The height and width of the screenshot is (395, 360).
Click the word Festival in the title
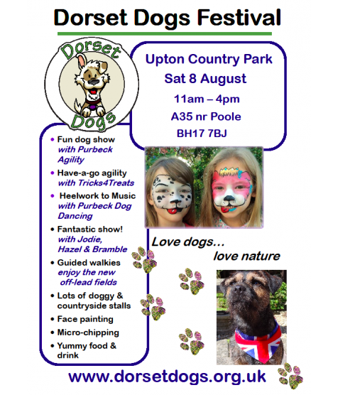(x=239, y=17)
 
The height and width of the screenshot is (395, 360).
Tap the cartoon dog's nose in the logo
(x=94, y=82)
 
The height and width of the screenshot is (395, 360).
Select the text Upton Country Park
(x=209, y=60)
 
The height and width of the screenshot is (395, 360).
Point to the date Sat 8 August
(x=205, y=79)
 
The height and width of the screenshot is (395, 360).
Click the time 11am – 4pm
(x=207, y=99)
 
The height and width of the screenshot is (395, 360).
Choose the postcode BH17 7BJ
(x=202, y=134)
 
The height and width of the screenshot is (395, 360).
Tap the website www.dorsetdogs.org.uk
(x=167, y=377)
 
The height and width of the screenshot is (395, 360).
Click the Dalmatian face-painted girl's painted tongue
(x=173, y=210)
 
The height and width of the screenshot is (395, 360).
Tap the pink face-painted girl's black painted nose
(x=229, y=198)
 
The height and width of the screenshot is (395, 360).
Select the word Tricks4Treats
(x=106, y=183)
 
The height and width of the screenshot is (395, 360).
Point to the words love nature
(x=246, y=256)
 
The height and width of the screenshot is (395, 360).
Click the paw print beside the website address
(x=290, y=375)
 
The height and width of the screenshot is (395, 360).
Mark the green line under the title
(x=165, y=33)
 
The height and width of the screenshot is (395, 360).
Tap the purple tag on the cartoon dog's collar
(x=93, y=107)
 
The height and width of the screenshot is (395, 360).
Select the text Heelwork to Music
(x=97, y=196)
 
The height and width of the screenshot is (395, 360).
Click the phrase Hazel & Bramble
(x=92, y=249)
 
